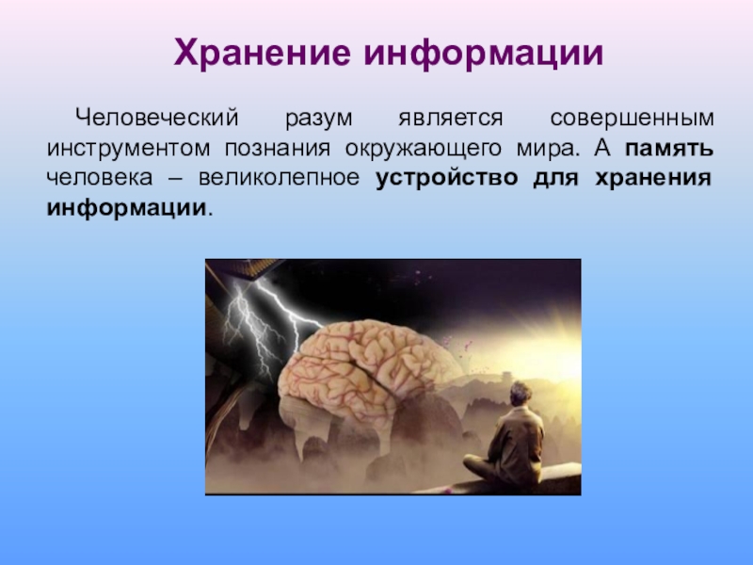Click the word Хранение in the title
[262, 53]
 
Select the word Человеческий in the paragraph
[156, 118]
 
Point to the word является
[451, 119]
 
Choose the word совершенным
[632, 119]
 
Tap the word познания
[278, 149]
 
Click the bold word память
[669, 149]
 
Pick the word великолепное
[279, 178]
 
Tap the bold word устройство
[446, 179]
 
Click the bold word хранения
[653, 179]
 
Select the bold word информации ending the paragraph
[126, 209]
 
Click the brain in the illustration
[368, 370]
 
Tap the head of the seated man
[521, 394]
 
